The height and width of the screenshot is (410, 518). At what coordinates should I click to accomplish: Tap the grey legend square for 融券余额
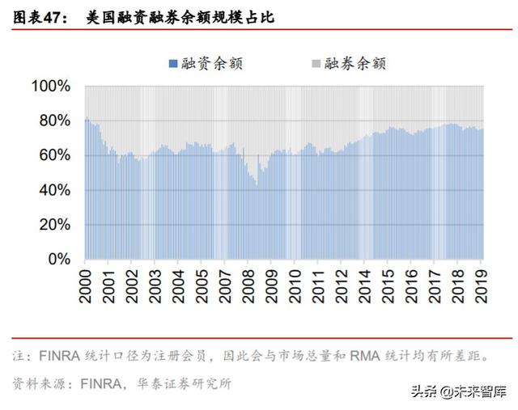(x=315, y=63)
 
